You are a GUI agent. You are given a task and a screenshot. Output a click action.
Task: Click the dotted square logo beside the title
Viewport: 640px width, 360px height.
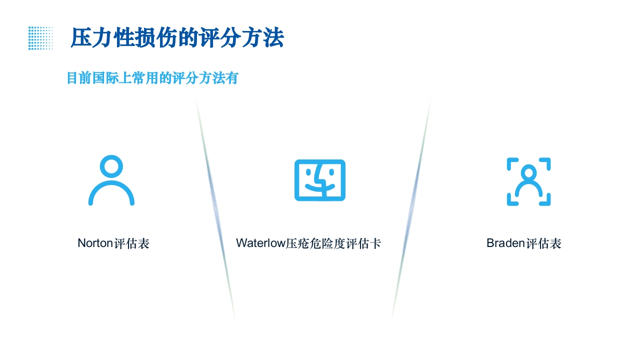click(40, 38)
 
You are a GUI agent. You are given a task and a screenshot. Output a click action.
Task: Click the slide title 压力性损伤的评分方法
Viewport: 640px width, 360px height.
click(177, 38)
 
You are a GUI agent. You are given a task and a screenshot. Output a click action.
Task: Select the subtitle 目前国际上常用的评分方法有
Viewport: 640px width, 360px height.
click(152, 78)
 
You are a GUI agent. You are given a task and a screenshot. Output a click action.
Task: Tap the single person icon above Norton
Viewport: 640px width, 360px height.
click(111, 181)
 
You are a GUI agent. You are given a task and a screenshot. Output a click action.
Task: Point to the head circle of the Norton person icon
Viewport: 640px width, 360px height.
click(111, 166)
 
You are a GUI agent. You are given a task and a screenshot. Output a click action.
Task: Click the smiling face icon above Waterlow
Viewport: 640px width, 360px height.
click(320, 180)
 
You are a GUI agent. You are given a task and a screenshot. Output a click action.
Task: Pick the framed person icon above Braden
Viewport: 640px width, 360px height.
click(528, 181)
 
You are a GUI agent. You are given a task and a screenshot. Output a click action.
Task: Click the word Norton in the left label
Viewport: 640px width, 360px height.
click(95, 243)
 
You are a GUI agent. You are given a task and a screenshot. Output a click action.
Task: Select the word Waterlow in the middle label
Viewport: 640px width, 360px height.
click(260, 243)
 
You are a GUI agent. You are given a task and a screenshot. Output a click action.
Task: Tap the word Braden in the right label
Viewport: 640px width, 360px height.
click(505, 243)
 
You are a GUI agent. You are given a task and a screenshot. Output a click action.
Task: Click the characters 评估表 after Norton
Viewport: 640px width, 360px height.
click(132, 243)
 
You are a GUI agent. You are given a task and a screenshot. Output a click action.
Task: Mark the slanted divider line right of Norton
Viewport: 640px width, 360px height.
click(215, 210)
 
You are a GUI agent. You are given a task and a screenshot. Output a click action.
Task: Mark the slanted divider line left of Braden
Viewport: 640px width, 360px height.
click(411, 210)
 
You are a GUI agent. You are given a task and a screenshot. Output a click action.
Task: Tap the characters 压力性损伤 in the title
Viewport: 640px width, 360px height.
click(125, 38)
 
